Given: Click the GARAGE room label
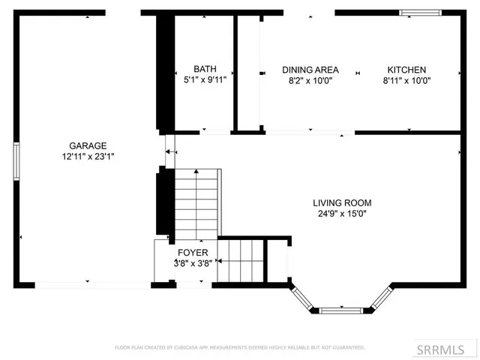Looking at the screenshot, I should (x=88, y=145).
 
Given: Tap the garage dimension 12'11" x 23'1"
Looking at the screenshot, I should (x=88, y=156).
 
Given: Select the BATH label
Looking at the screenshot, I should (x=205, y=69).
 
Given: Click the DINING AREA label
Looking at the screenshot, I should (x=310, y=69).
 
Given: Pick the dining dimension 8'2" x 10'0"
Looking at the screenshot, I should (x=310, y=79).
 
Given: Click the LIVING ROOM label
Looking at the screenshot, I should (x=342, y=202).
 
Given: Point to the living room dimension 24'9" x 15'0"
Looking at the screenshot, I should (x=342, y=213).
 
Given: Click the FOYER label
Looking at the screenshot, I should (x=193, y=252).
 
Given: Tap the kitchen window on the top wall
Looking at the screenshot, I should (x=421, y=12).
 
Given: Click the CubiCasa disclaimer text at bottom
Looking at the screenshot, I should (x=239, y=348).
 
